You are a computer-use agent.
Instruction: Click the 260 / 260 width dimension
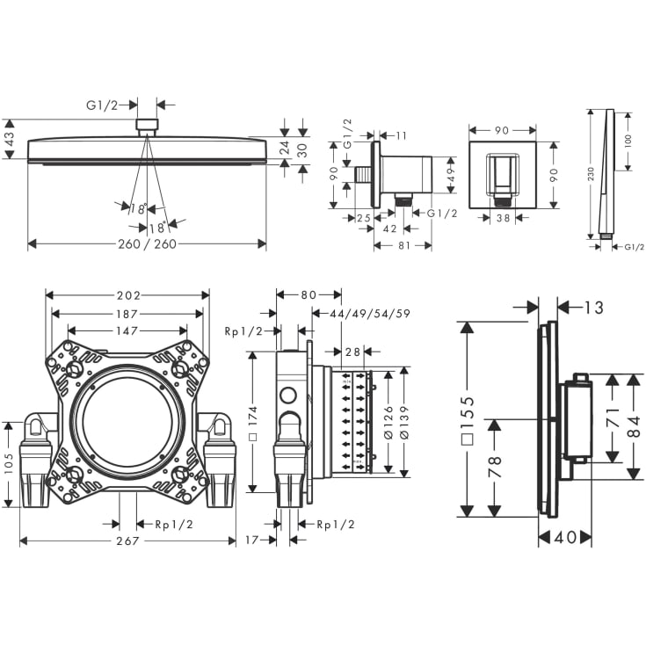click(147, 243)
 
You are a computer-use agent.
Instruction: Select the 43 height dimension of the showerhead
click(10, 139)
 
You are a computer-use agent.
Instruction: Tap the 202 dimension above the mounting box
click(127, 296)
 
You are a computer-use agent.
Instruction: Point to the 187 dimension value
click(127, 314)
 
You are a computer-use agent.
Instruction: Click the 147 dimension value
click(127, 331)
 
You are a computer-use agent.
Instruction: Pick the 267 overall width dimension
click(127, 541)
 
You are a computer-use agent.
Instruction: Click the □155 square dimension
click(469, 419)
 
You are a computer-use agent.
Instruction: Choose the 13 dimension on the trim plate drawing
click(594, 307)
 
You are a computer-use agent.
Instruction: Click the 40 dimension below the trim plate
click(565, 537)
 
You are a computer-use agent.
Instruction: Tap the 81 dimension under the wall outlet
click(403, 245)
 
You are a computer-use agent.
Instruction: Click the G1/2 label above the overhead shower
click(102, 105)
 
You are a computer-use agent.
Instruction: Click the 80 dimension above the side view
click(308, 296)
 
